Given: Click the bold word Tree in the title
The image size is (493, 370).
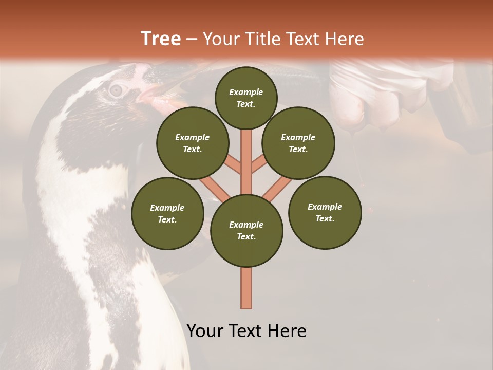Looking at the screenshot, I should (x=161, y=39).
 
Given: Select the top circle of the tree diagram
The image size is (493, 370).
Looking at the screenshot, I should (x=246, y=98).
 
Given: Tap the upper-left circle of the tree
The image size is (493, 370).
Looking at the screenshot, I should (x=193, y=143).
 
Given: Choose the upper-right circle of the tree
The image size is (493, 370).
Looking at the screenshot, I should (x=298, y=143).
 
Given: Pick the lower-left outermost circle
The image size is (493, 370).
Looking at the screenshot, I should (x=167, y=214).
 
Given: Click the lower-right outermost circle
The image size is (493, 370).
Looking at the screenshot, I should (x=325, y=212).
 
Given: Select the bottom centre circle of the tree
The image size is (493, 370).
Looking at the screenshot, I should (x=246, y=231).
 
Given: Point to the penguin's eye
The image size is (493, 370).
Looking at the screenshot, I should (x=117, y=90).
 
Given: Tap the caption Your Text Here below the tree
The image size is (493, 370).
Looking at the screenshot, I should (x=246, y=331).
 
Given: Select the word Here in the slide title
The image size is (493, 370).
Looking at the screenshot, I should (x=345, y=39).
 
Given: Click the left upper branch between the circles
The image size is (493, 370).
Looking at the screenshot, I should (x=234, y=165).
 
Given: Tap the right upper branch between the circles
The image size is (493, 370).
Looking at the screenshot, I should (x=259, y=165).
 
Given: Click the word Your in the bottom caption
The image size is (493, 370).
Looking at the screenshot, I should (x=205, y=331).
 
